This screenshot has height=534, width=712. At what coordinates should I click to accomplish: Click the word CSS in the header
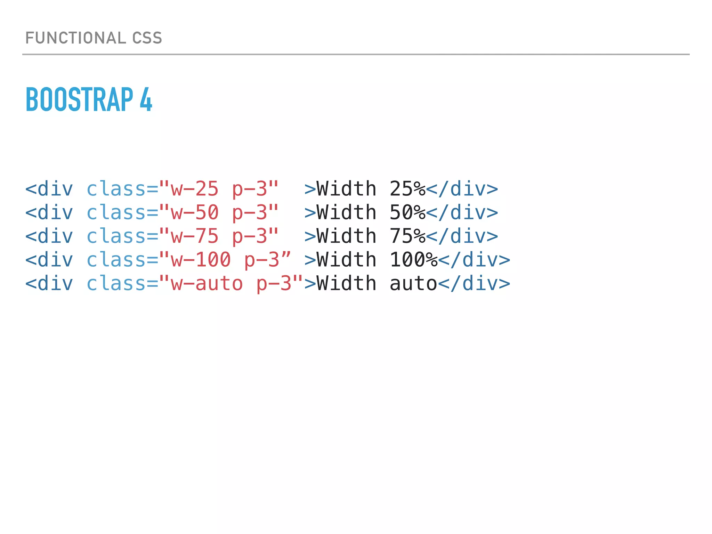click(x=147, y=38)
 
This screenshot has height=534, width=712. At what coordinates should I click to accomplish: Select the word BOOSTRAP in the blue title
click(x=79, y=100)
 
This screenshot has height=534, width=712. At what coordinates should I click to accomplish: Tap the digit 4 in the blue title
click(x=146, y=100)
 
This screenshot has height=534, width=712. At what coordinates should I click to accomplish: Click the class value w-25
click(x=195, y=189)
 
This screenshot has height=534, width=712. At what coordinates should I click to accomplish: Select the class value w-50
click(x=195, y=212)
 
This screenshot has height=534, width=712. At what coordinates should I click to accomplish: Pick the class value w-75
click(x=195, y=236)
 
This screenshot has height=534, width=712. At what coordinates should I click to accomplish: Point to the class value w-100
click(x=201, y=260)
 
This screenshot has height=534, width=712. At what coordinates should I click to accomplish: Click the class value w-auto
click(x=207, y=283)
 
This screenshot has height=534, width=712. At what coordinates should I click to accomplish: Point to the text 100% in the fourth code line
click(x=413, y=260)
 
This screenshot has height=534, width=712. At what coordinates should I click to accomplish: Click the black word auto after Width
click(x=413, y=283)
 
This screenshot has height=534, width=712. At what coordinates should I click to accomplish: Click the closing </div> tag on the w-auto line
click(x=474, y=283)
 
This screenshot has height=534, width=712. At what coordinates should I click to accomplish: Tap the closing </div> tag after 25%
click(x=462, y=189)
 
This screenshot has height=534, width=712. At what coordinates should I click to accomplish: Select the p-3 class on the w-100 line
click(x=262, y=260)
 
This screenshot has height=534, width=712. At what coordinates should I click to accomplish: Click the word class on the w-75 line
click(x=116, y=236)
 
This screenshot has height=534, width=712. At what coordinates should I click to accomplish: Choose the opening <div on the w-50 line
click(x=49, y=212)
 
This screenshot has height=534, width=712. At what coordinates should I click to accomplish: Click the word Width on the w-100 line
click(x=347, y=260)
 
